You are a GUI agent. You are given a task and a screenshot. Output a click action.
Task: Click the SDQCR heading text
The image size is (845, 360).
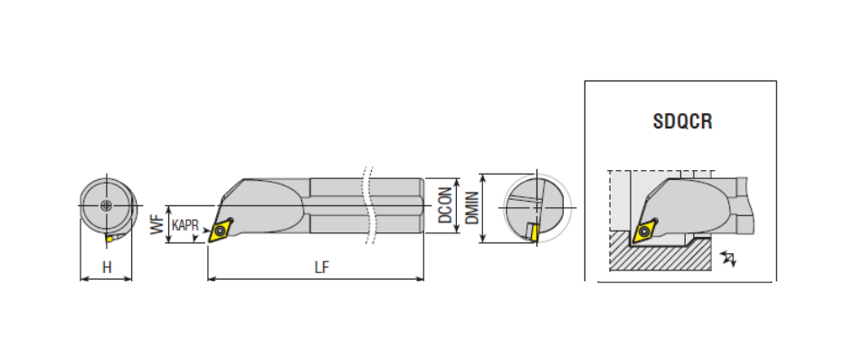click(x=682, y=121)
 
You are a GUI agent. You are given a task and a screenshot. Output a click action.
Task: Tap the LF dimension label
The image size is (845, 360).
click(x=322, y=268)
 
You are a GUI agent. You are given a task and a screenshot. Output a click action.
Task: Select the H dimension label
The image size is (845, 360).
click(x=107, y=268)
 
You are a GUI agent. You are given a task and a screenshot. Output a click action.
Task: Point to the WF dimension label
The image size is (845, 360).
click(x=157, y=223)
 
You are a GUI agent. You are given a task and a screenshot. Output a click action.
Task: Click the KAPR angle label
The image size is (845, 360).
click(x=185, y=224)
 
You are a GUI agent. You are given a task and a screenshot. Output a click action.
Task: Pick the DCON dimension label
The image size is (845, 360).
click(x=444, y=205)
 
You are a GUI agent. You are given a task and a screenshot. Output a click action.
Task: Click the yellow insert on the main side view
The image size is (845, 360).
click(x=220, y=231)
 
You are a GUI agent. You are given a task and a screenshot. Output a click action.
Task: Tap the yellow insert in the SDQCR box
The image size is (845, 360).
click(x=645, y=232)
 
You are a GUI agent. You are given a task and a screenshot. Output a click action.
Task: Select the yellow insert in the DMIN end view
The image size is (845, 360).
click(x=534, y=232)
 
